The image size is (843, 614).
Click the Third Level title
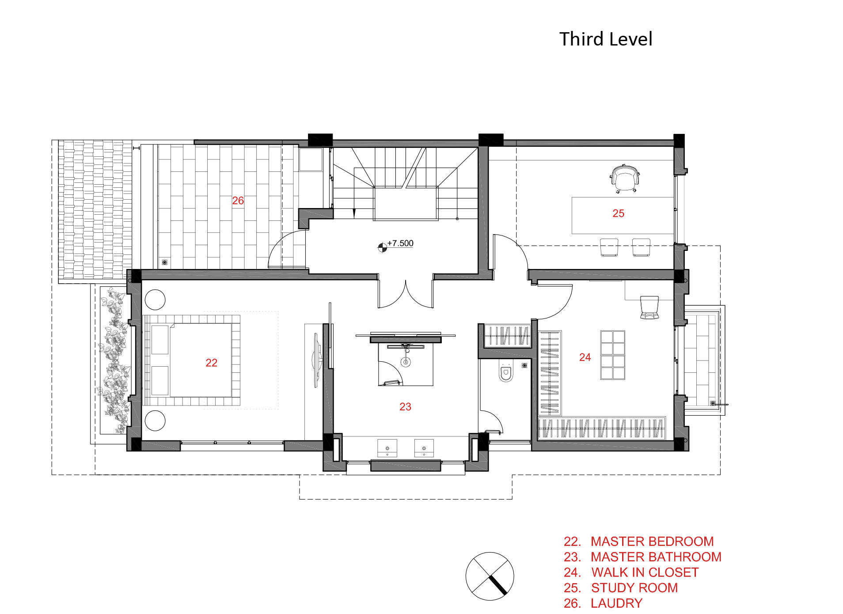click(605, 39)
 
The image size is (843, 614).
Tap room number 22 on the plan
click(211, 363)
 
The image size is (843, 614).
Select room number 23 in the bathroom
click(405, 407)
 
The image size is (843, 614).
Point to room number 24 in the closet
click(585, 357)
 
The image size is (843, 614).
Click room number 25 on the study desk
click(618, 213)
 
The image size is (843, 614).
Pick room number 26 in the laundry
click(238, 201)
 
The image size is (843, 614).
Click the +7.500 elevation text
click(400, 243)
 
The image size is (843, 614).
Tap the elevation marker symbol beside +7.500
click(382, 247)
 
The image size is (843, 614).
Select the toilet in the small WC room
click(506, 372)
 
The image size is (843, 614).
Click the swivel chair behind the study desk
click(623, 178)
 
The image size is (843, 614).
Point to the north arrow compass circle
click(490, 576)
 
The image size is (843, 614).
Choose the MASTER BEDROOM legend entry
click(638, 542)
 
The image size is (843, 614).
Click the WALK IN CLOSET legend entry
click(631, 572)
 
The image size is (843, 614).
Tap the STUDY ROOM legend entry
click(620, 588)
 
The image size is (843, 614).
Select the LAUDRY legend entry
click(603, 603)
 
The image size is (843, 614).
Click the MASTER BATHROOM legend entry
click(642, 557)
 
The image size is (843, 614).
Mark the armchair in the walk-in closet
click(649, 307)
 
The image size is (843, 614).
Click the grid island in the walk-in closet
click(612, 355)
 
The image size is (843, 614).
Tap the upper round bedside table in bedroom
click(155, 299)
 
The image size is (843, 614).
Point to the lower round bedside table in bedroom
click(155, 421)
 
